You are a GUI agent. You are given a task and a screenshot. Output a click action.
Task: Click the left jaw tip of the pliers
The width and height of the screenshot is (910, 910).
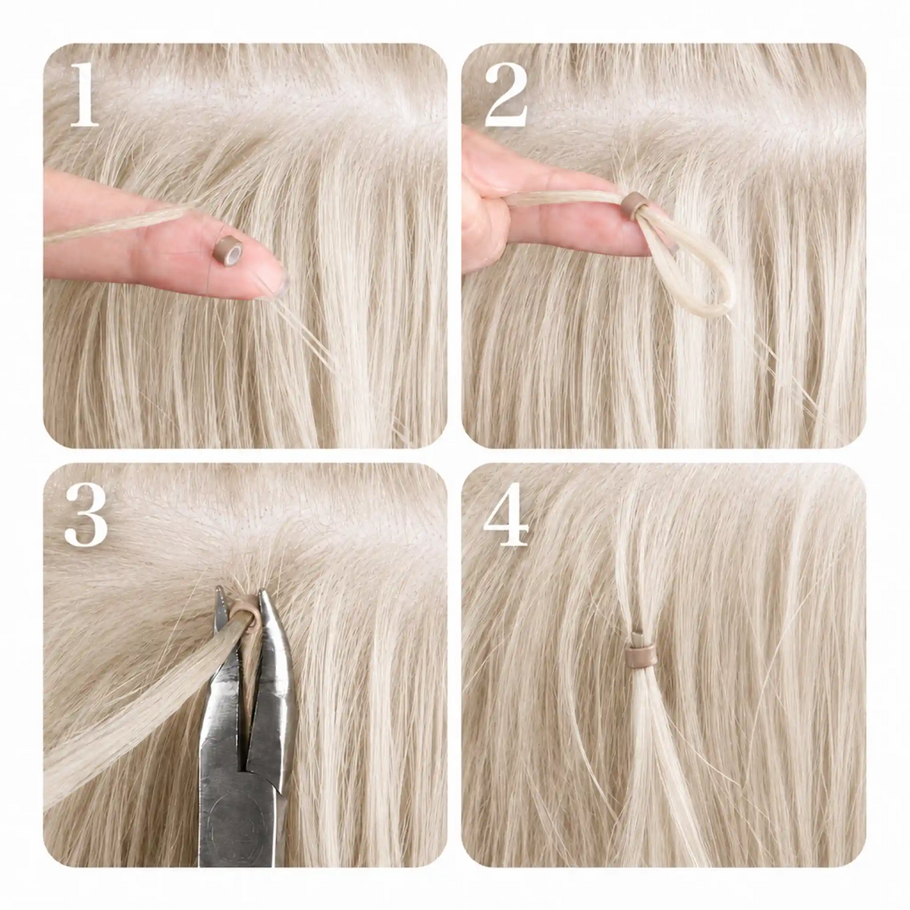(219, 590)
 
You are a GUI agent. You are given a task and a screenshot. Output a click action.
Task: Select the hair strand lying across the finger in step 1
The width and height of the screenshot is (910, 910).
(118, 226)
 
